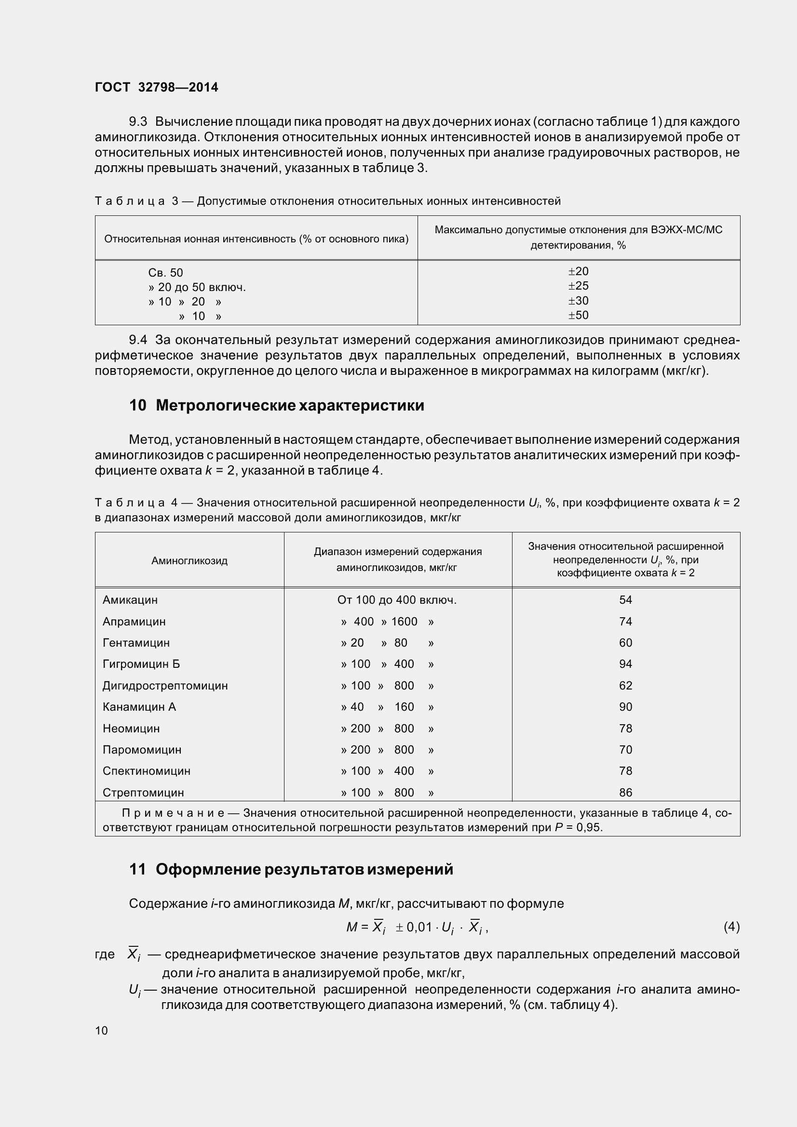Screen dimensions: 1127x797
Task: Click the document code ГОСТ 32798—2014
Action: coord(157,87)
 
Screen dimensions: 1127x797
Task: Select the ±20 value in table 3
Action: coord(578,271)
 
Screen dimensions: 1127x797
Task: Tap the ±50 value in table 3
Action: coord(578,315)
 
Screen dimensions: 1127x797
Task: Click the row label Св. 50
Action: coord(165,273)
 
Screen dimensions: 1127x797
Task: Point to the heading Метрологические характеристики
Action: coord(290,405)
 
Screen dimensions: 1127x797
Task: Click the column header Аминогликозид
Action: coord(189,560)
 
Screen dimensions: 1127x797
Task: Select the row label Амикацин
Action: coord(130,600)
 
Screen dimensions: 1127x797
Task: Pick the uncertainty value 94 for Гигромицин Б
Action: coord(625,664)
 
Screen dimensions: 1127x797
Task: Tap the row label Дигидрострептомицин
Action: coord(165,686)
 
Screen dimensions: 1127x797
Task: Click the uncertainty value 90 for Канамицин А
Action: coord(625,707)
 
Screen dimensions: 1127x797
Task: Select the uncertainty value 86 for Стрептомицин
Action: coord(625,792)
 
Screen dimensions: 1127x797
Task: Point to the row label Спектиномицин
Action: coord(147,770)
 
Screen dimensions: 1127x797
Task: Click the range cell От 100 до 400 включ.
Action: coord(397,600)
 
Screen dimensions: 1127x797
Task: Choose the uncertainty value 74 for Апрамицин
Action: coord(625,622)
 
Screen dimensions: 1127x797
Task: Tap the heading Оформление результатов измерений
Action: coord(304,869)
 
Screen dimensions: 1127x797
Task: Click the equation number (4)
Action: coord(731,927)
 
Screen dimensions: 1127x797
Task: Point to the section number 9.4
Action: coord(138,340)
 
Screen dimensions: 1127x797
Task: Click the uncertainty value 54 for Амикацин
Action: coord(625,600)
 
